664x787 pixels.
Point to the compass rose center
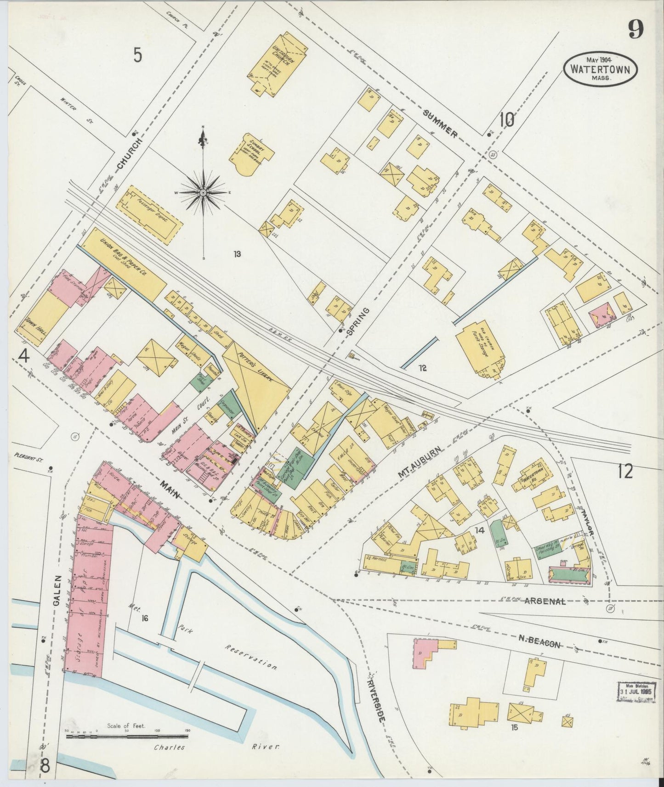(x=203, y=193)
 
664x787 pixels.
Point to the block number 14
(x=480, y=530)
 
